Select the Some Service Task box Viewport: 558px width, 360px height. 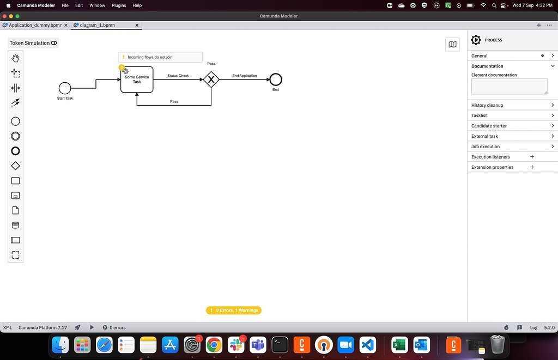pyautogui.click(x=137, y=80)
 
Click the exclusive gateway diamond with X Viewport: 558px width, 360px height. pyautogui.click(x=211, y=80)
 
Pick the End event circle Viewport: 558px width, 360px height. pyautogui.click(x=276, y=80)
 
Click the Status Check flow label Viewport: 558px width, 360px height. pyautogui.click(x=178, y=76)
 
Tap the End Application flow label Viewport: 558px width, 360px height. pyautogui.click(x=245, y=76)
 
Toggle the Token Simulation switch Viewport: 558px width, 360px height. pyautogui.click(x=54, y=43)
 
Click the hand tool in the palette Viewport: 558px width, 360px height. pyautogui.click(x=15, y=58)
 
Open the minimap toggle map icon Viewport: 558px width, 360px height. pyautogui.click(x=452, y=45)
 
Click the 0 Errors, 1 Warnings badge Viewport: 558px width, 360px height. pyautogui.click(x=234, y=310)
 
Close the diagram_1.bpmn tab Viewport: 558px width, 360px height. pyautogui.click(x=137, y=25)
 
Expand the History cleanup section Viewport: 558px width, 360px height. pyautogui.click(x=512, y=105)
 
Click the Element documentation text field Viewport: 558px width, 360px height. pyautogui.click(x=510, y=87)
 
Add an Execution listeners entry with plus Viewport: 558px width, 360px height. pyautogui.click(x=532, y=157)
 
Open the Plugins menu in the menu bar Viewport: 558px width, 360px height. pyautogui.click(x=119, y=5)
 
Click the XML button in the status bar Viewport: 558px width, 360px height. pyautogui.click(x=8, y=328)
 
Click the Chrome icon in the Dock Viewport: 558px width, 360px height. pyautogui.click(x=214, y=345)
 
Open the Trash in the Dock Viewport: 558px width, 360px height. pyautogui.click(x=498, y=345)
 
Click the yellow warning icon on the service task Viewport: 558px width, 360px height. pyautogui.click(x=122, y=67)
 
